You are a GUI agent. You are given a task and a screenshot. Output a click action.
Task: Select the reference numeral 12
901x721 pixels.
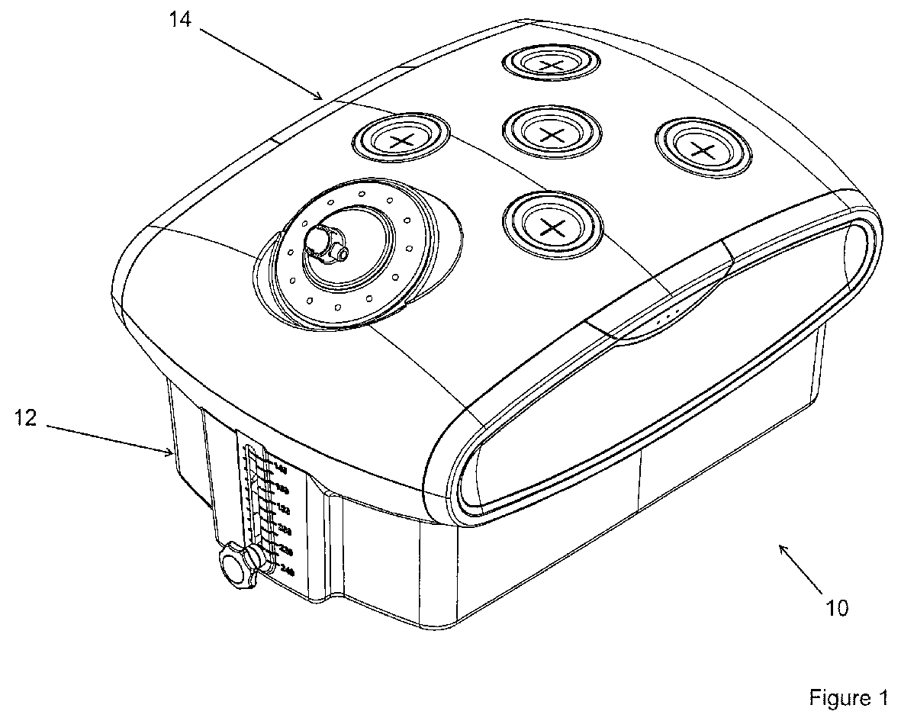[25, 419]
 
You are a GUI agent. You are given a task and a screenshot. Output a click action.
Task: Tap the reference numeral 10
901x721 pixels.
[837, 608]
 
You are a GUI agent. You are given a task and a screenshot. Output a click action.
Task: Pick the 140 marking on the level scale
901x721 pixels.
[281, 469]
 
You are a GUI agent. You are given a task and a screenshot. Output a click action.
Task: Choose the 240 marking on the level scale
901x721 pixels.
[287, 568]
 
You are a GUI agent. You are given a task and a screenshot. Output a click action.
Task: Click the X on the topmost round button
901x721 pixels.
[550, 66]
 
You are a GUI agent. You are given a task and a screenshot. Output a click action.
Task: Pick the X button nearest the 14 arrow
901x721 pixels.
[401, 140]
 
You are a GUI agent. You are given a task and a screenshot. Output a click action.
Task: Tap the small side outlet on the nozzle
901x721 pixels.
[342, 250]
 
